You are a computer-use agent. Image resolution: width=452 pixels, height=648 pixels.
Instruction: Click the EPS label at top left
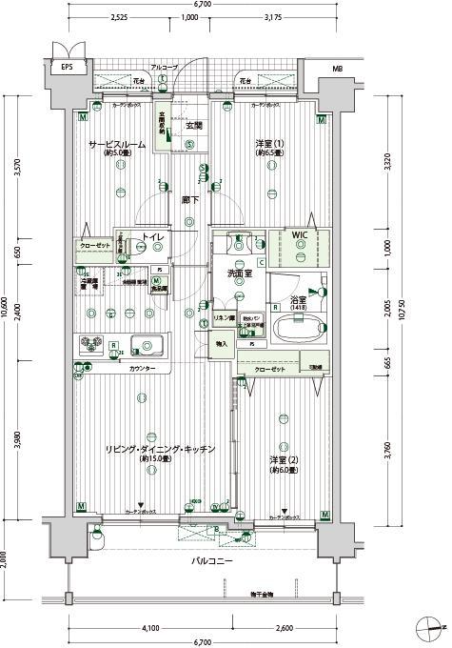pos(68,69)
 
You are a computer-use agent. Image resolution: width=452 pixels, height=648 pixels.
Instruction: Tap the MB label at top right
pos(337,70)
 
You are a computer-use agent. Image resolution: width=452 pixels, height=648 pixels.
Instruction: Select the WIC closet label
pos(300,234)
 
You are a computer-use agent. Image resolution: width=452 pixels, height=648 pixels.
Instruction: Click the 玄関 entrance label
pos(193,126)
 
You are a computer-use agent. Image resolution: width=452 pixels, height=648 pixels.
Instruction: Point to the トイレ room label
pos(151,237)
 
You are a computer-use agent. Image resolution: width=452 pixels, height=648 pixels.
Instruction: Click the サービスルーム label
pos(117,144)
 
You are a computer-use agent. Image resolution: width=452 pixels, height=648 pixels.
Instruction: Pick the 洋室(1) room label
pos(269,144)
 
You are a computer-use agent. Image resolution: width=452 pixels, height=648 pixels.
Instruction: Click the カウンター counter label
pos(143,368)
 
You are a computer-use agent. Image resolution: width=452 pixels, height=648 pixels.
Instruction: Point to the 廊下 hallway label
pos(190,201)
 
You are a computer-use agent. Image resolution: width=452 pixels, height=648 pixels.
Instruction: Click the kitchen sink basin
pos(147,344)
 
